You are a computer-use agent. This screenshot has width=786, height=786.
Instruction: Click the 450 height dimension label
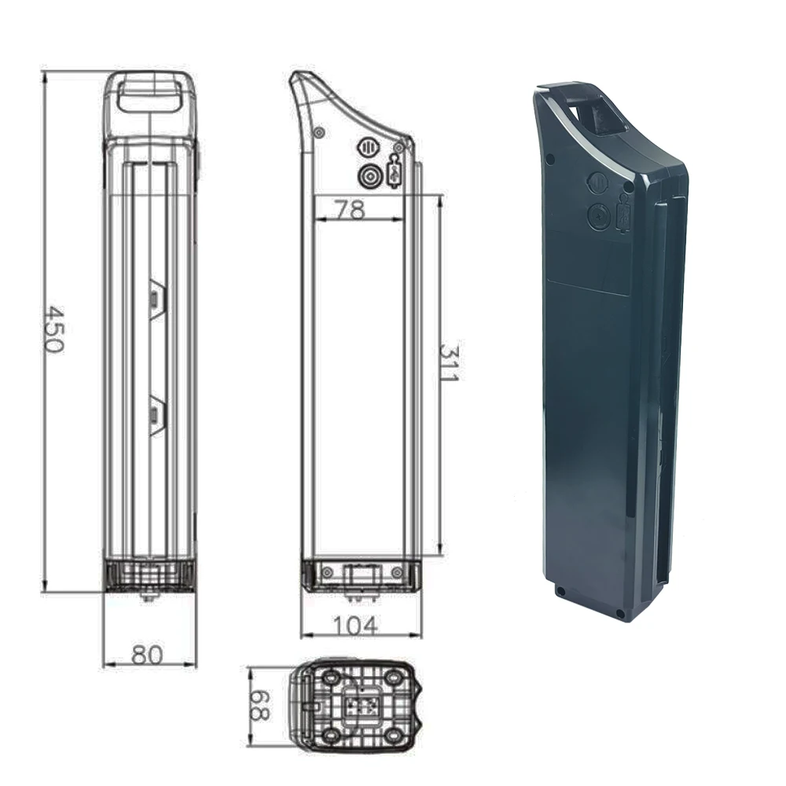coord(53,330)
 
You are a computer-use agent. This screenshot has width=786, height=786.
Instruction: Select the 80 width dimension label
coord(148,655)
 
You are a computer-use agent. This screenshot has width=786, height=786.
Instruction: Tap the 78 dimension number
coord(351,211)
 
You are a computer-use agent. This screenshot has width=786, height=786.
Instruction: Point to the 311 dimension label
coord(449,362)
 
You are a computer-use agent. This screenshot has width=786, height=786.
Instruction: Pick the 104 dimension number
coord(355,626)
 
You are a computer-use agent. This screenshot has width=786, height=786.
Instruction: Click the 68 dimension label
coord(260,705)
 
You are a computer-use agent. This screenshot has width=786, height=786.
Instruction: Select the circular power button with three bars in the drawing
coord(368,148)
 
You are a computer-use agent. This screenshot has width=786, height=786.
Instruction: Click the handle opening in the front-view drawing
coord(149,94)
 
